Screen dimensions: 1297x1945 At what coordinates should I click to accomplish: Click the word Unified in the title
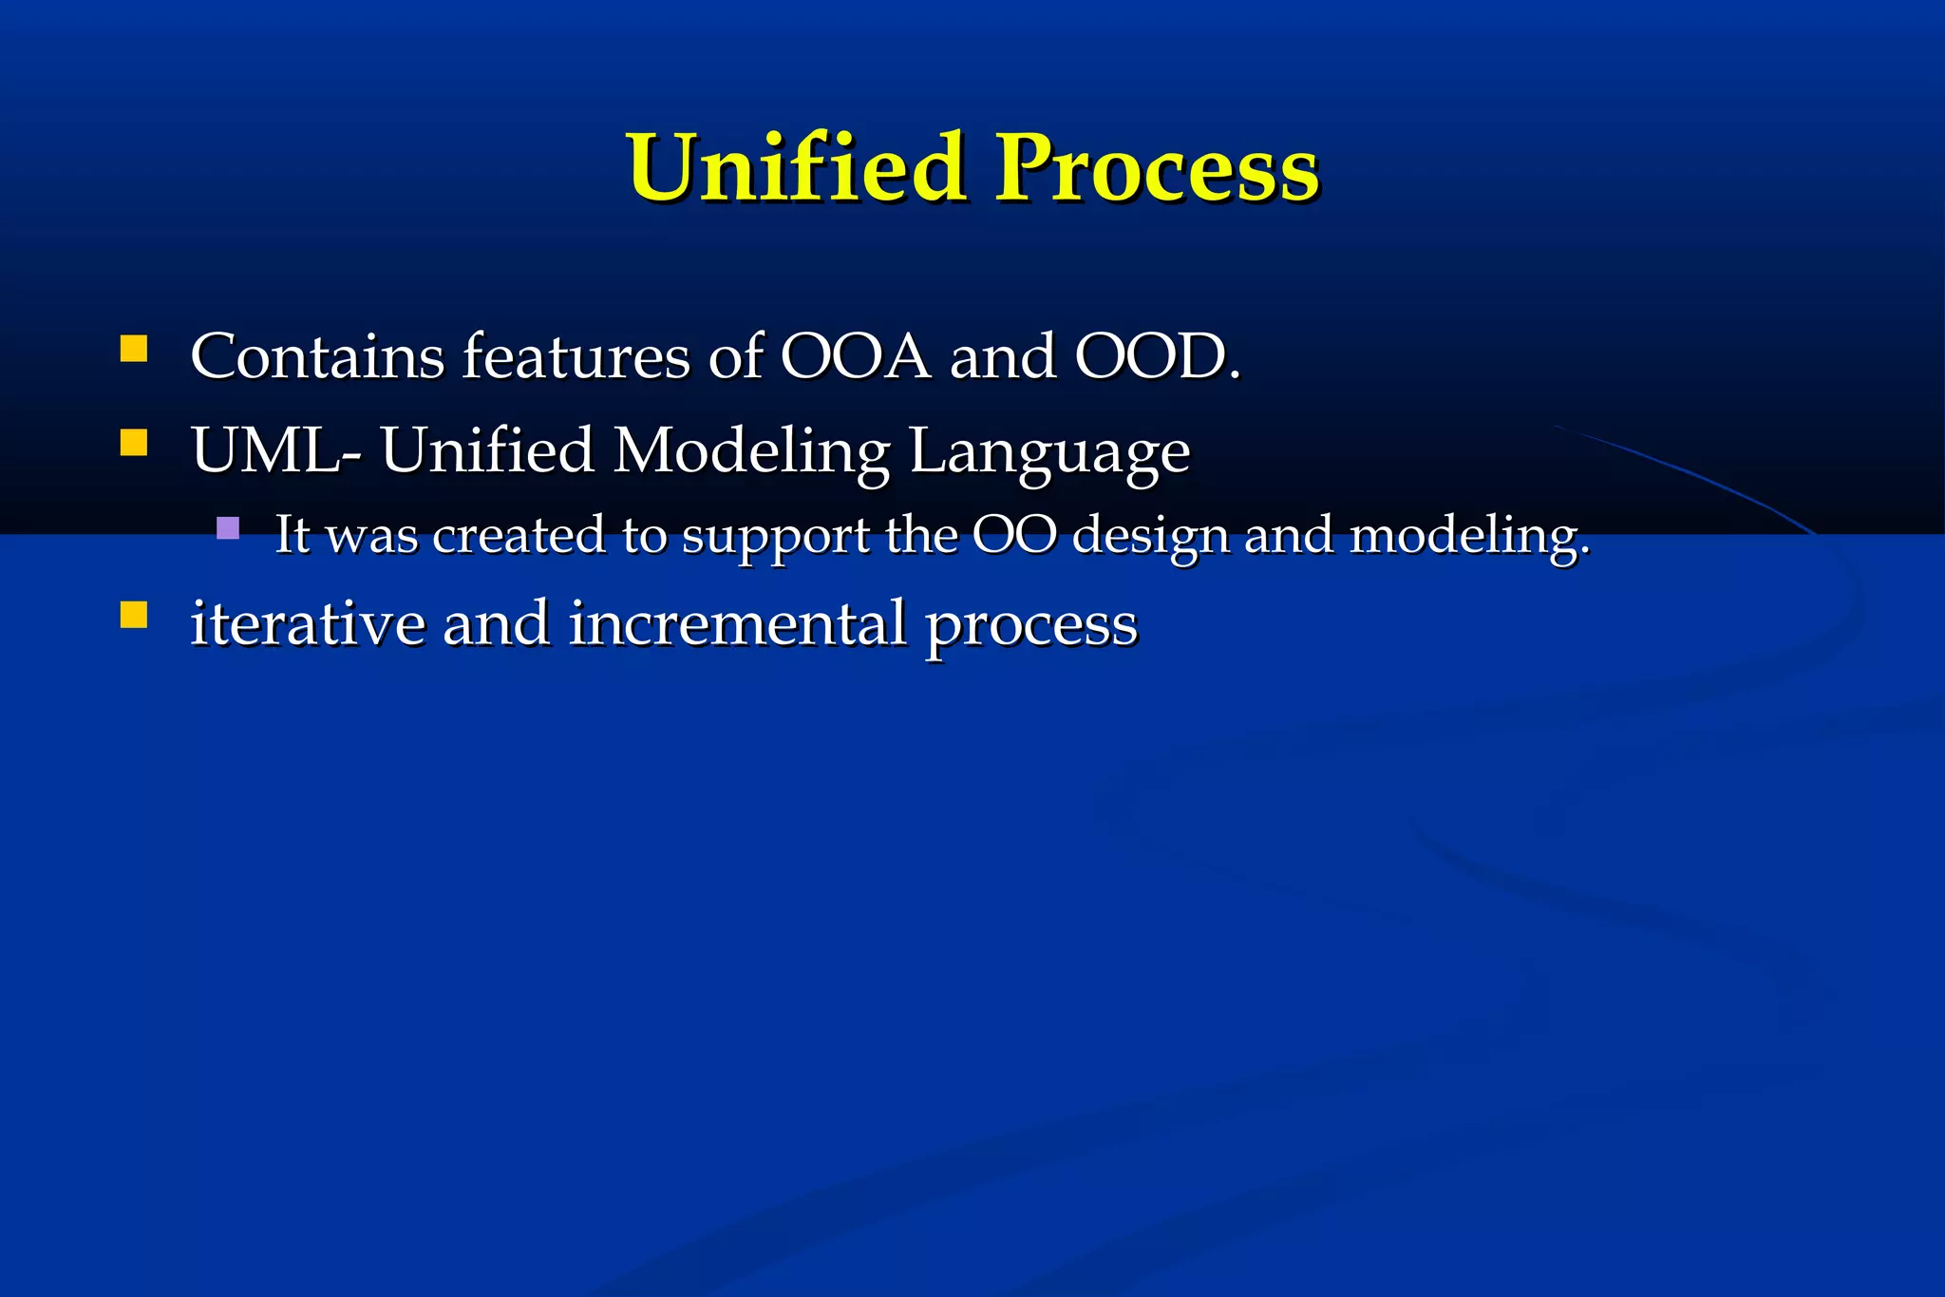796,168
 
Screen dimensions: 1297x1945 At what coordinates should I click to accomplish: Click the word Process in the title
1156,168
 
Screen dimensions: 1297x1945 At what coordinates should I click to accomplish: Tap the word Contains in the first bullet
317,356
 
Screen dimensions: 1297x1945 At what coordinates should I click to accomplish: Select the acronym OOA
855,356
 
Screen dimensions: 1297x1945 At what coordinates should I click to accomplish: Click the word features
576,356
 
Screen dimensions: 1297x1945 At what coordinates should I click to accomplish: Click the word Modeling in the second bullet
750,451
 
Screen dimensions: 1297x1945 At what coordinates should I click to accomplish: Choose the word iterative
308,623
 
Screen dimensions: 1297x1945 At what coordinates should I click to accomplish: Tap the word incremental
737,623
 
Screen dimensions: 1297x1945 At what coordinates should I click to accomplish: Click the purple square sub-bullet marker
228,527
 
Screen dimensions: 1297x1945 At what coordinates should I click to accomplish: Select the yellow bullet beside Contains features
134,349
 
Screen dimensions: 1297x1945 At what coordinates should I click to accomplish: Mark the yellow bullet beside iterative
134,616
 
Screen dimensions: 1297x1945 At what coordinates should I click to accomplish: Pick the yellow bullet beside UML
134,443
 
